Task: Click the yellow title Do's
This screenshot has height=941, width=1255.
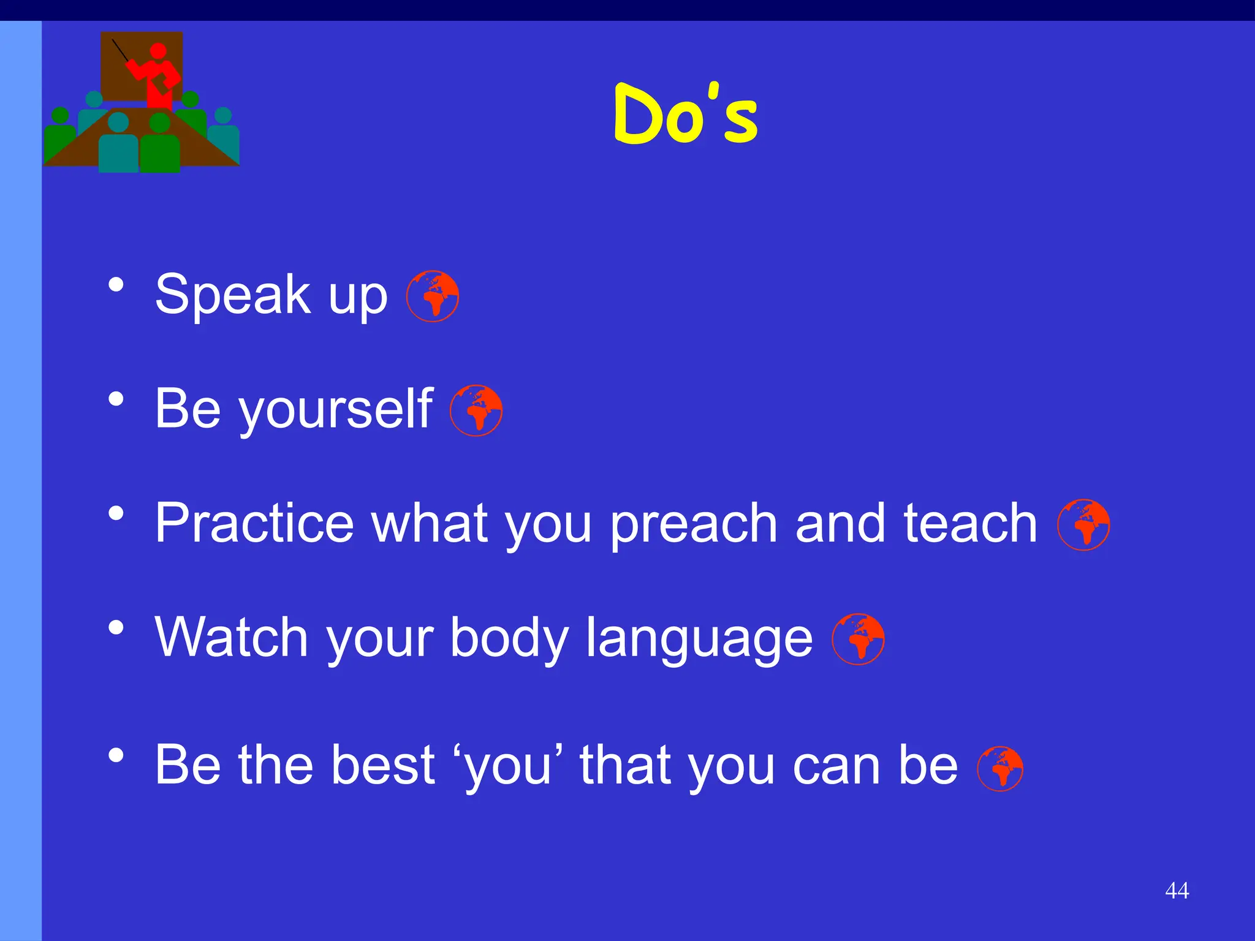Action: click(686, 116)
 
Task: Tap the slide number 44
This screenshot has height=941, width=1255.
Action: click(1177, 890)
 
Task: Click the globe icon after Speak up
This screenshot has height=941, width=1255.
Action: click(433, 296)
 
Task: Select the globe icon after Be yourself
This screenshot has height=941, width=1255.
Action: click(476, 410)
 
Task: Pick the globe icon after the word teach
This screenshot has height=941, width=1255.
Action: click(1083, 525)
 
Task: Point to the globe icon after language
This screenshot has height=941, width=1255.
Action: click(858, 639)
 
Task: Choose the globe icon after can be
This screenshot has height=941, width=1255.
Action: click(1000, 768)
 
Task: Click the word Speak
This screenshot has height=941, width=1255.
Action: click(232, 295)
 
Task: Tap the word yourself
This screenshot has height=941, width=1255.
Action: click(336, 410)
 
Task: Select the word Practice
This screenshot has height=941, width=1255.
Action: click(254, 524)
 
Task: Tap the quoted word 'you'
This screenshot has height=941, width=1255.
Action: click(508, 766)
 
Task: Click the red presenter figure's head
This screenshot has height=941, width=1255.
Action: click(158, 51)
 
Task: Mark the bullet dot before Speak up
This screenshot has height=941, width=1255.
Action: click(116, 285)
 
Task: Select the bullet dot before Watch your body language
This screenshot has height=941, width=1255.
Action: click(116, 628)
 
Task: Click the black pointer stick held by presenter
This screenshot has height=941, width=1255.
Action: click(119, 50)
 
